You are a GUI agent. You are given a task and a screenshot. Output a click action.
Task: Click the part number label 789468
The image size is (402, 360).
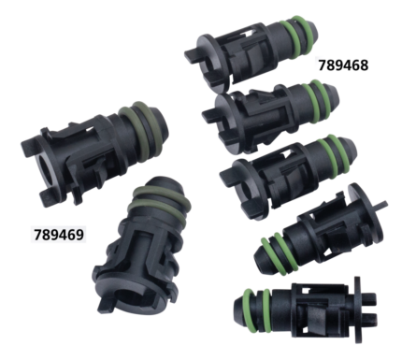(x=343, y=67)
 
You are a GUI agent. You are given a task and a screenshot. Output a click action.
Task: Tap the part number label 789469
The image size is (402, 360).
(x=58, y=233)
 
